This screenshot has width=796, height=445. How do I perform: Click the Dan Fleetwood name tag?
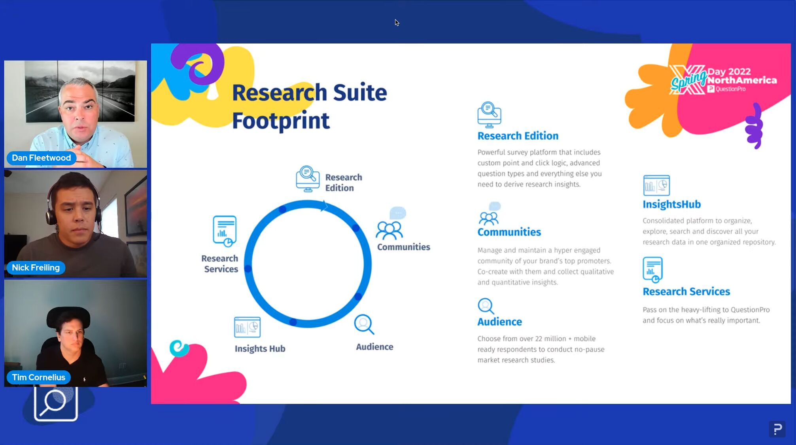click(41, 158)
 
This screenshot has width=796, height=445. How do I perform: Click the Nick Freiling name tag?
click(36, 267)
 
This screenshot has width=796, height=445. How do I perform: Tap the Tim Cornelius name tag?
click(38, 377)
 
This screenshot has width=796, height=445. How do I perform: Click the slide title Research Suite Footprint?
click(309, 106)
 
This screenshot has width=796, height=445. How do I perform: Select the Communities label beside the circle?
click(403, 247)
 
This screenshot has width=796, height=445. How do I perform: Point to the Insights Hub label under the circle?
click(260, 348)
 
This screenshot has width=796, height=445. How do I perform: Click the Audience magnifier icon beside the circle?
click(364, 324)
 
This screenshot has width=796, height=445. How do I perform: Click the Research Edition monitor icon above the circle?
click(308, 179)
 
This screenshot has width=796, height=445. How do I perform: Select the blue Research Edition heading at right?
click(518, 136)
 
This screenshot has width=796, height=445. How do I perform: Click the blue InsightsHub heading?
click(671, 204)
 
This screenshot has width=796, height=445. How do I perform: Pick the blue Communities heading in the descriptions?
click(509, 232)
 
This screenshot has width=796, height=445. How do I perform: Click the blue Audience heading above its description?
click(499, 322)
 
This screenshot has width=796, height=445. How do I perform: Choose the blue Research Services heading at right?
click(686, 292)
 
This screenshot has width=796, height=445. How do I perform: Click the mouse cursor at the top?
click(397, 23)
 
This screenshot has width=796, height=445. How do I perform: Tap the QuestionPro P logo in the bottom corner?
click(777, 429)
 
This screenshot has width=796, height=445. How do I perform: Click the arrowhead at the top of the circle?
click(324, 206)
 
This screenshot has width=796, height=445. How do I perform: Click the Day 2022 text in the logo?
click(729, 72)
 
